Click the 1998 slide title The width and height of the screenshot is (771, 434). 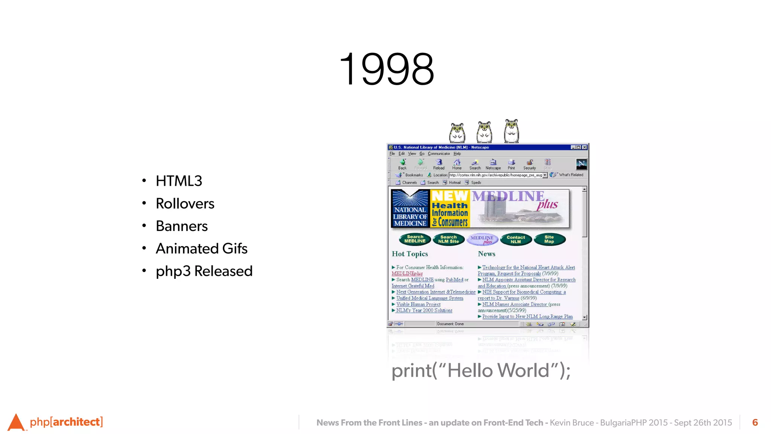pyautogui.click(x=387, y=69)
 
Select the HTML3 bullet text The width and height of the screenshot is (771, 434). pyautogui.click(x=179, y=181)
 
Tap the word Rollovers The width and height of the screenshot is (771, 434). pyautogui.click(x=185, y=204)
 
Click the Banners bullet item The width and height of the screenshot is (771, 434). pyautogui.click(x=181, y=226)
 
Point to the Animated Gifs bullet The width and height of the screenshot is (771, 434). pyautogui.click(x=201, y=249)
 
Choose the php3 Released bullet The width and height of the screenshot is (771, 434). pyautogui.click(x=204, y=271)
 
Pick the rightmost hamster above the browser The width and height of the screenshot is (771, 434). pyautogui.click(x=511, y=131)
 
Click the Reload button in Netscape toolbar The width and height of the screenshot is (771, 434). pyautogui.click(x=439, y=164)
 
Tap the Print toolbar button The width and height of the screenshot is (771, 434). pyautogui.click(x=511, y=164)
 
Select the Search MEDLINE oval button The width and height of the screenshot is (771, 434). pyautogui.click(x=415, y=239)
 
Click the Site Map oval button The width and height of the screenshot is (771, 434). pyautogui.click(x=549, y=239)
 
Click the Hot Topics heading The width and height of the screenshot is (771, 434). pyautogui.click(x=410, y=254)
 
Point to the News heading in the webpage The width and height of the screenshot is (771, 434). pyautogui.click(x=486, y=254)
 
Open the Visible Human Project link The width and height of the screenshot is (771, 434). pyautogui.click(x=418, y=304)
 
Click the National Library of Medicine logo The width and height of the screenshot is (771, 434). pyautogui.click(x=410, y=209)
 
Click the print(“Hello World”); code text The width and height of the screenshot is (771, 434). pyautogui.click(x=481, y=371)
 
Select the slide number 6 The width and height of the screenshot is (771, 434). pyautogui.click(x=755, y=423)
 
